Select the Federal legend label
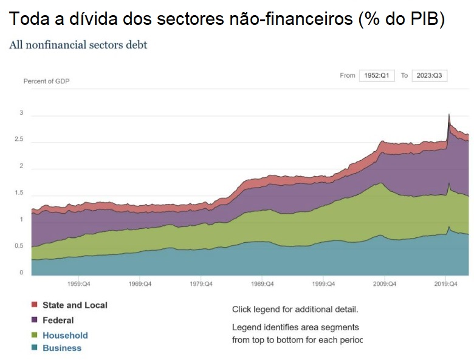(58, 320)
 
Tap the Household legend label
(65, 335)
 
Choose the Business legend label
(61, 348)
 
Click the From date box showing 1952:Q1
(377, 75)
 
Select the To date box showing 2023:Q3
(430, 75)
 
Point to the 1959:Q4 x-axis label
(79, 284)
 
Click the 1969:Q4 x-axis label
(140, 284)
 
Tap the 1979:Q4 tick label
(201, 284)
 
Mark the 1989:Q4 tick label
(262, 284)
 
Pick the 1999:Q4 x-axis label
(323, 284)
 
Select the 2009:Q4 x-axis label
(384, 284)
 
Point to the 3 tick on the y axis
(21, 113)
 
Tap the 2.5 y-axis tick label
(19, 140)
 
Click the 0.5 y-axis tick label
(19, 246)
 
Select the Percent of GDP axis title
(46, 81)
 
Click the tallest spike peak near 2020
(448, 114)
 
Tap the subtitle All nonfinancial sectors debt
(78, 45)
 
